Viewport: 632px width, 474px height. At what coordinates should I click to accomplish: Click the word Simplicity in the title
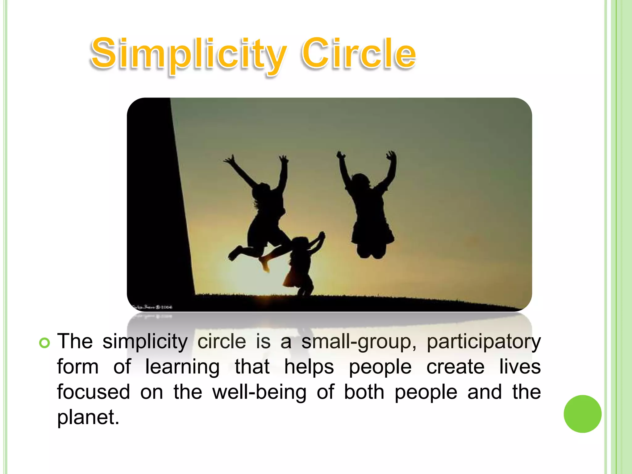click(188, 54)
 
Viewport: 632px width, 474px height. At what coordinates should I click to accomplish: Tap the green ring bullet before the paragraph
click(44, 343)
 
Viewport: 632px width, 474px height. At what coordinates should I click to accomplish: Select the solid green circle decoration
click(582, 414)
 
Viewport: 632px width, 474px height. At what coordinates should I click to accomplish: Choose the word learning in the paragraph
click(182, 367)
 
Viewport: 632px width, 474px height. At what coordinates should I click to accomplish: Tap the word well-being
click(259, 393)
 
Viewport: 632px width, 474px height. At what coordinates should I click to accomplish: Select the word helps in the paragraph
click(309, 367)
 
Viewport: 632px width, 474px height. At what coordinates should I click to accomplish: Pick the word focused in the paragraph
click(94, 393)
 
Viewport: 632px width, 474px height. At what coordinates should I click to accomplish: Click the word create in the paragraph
click(455, 367)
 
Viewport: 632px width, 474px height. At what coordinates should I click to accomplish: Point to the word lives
click(520, 367)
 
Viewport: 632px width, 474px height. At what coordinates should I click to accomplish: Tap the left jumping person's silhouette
click(265, 213)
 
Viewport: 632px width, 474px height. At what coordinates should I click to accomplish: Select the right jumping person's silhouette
click(369, 210)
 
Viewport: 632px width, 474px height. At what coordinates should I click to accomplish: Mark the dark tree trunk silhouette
click(157, 201)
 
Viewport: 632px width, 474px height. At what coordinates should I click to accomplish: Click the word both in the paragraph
click(364, 393)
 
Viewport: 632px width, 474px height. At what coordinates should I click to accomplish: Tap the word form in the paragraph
click(78, 367)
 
